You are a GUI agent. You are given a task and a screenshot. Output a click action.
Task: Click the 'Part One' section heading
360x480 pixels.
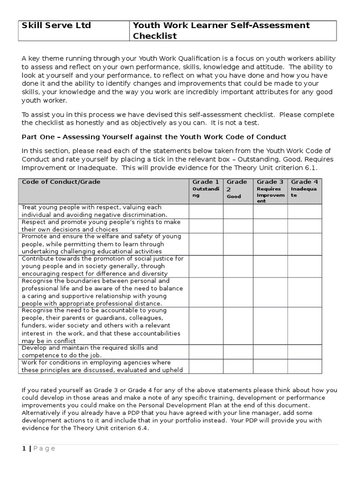(x=154, y=137)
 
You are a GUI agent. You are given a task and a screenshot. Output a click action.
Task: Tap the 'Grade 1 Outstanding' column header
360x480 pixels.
(x=206, y=191)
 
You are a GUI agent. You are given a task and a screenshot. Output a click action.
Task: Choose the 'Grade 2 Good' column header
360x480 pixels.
(x=238, y=191)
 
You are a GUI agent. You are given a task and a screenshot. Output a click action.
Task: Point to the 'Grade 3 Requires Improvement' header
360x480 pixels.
(x=270, y=191)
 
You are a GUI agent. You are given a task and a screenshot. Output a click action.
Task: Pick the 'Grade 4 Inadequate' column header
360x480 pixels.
(x=305, y=191)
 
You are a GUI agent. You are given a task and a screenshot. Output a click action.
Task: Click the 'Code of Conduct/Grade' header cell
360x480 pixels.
(x=104, y=191)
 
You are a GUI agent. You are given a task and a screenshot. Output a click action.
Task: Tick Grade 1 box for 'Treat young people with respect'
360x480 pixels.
(x=206, y=211)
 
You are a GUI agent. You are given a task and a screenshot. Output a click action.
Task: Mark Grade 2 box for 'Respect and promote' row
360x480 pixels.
(x=238, y=226)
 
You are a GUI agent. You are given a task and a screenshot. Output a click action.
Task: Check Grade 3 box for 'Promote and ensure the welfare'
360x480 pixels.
(x=270, y=244)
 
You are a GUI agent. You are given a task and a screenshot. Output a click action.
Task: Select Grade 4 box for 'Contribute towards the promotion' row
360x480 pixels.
(x=305, y=266)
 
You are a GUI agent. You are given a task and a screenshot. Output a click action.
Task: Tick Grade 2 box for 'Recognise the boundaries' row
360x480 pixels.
(x=238, y=292)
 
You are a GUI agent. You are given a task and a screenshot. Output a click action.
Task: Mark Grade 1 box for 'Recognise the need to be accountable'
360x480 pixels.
(x=206, y=326)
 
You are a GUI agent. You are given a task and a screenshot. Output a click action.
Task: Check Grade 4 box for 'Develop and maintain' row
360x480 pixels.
(x=305, y=352)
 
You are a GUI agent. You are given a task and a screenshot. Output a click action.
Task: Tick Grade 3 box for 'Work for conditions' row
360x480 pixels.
(x=270, y=366)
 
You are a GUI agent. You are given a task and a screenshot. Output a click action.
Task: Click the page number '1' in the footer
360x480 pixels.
(x=24, y=449)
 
